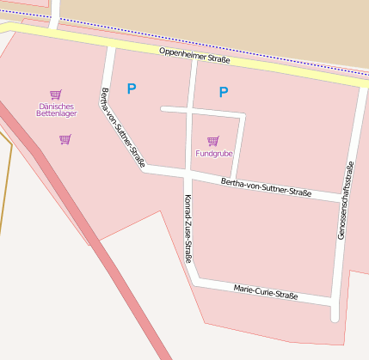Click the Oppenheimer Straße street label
click(x=194, y=57)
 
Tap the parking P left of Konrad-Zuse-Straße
click(x=132, y=88)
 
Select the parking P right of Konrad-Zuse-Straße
click(x=224, y=92)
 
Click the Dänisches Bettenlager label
click(x=57, y=110)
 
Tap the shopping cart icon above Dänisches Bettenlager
click(x=56, y=95)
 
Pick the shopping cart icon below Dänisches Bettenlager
click(x=65, y=139)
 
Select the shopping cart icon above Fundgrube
click(x=212, y=140)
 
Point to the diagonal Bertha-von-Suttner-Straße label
click(x=123, y=127)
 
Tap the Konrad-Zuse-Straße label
click(x=188, y=228)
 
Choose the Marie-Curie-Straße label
click(x=266, y=292)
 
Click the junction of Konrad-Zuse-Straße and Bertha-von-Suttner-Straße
click(x=188, y=175)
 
